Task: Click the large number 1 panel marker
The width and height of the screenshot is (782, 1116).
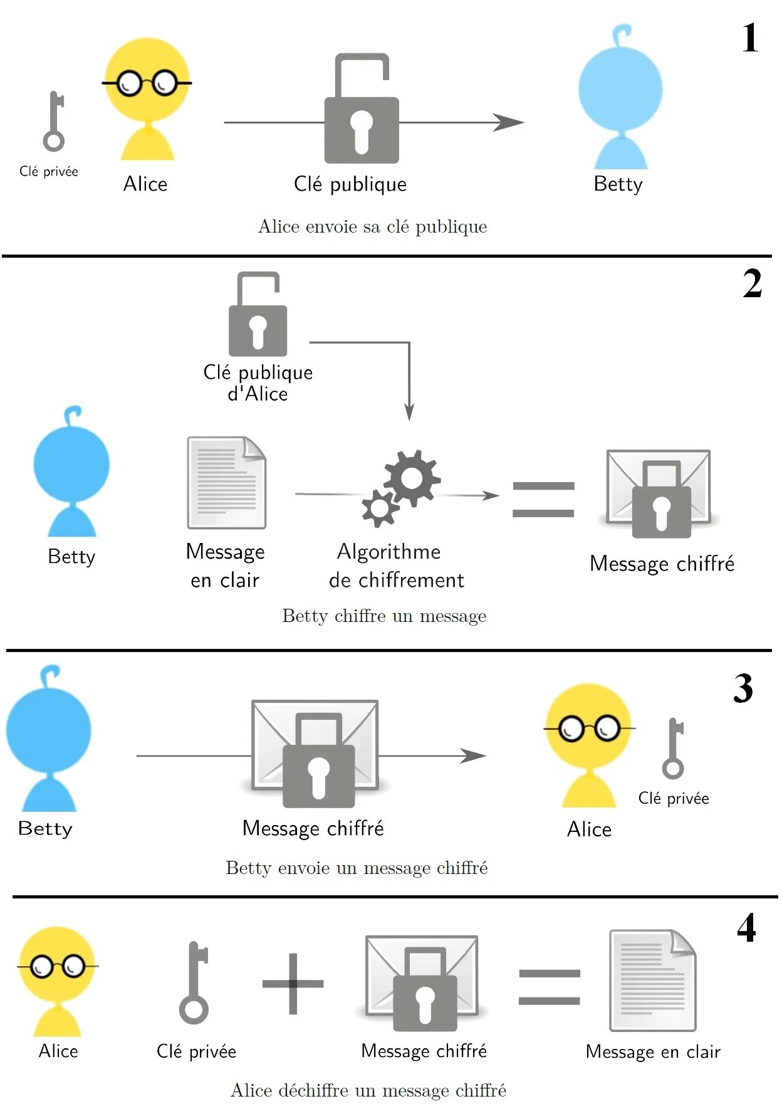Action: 750,38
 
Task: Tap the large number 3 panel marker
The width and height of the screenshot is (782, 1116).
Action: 743,688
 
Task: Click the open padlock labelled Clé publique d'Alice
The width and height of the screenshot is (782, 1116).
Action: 258,315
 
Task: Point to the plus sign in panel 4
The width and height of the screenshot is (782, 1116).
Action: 293,984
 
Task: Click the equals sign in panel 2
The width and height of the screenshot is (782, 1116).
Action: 543,500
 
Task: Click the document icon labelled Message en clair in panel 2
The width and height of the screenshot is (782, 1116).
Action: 227,483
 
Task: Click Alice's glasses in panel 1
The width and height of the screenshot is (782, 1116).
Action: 147,83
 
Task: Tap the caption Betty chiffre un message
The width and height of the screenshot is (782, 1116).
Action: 384,616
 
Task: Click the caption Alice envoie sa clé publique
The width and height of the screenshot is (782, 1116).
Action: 372,227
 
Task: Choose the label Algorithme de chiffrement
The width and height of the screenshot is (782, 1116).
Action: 395,566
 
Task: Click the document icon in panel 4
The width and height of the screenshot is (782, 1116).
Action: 652,980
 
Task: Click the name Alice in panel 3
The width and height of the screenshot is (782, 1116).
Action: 589,829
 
